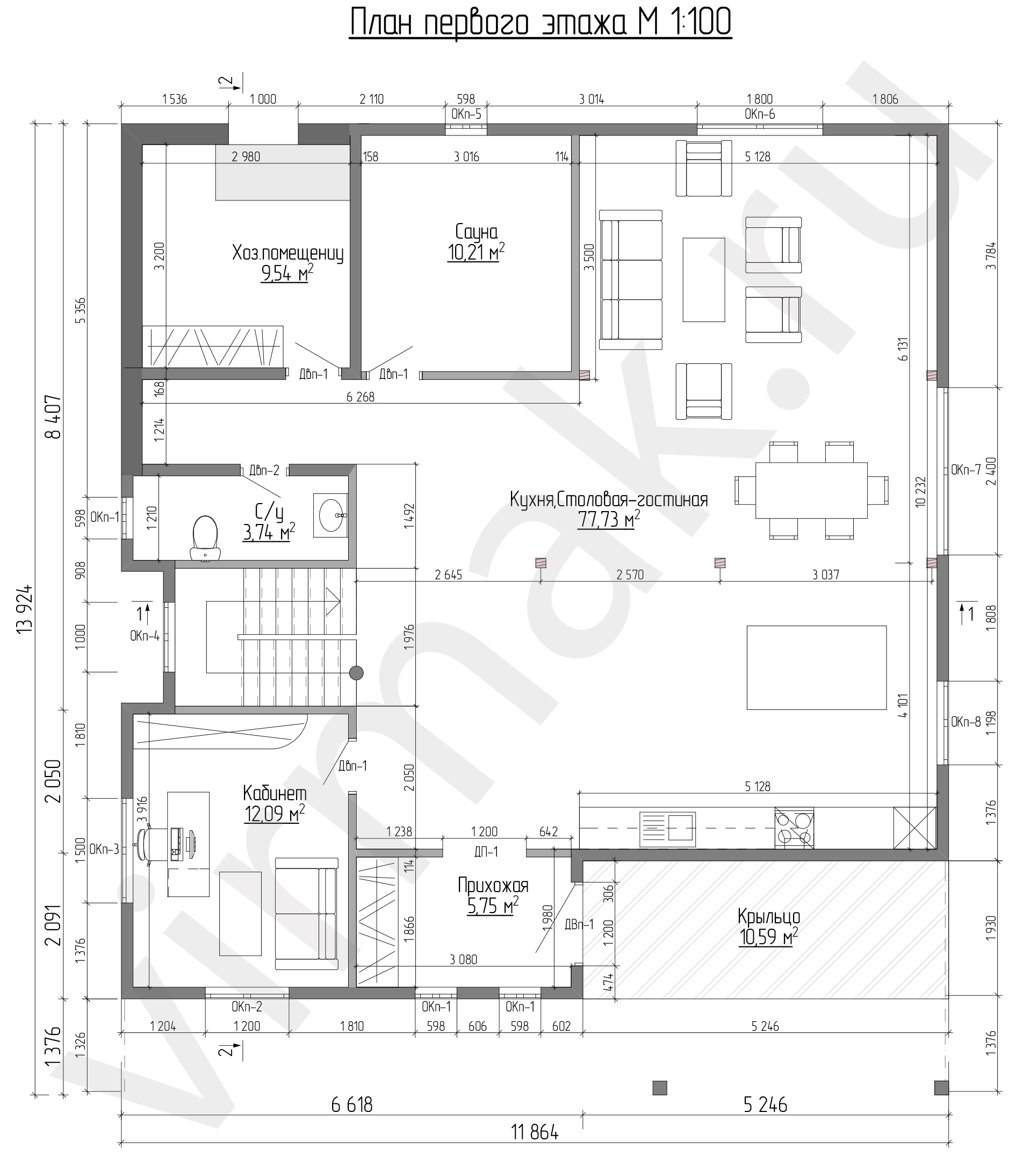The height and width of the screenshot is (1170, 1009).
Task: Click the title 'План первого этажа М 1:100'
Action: [x=540, y=23]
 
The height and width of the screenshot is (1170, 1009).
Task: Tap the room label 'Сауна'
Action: [x=477, y=232]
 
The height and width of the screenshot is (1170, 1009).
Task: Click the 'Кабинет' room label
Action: [x=275, y=793]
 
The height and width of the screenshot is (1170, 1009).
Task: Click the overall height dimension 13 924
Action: [x=25, y=618]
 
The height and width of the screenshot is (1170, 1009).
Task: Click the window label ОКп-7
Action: [x=966, y=470]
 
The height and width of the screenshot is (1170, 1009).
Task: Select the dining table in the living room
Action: [x=811, y=490]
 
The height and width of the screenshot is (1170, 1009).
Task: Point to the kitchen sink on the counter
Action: [x=667, y=829]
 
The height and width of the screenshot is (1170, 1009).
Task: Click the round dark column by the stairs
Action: [x=356, y=673]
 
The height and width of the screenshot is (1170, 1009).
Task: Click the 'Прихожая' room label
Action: [x=493, y=885]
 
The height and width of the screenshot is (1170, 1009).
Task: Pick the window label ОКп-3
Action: [x=104, y=849]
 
